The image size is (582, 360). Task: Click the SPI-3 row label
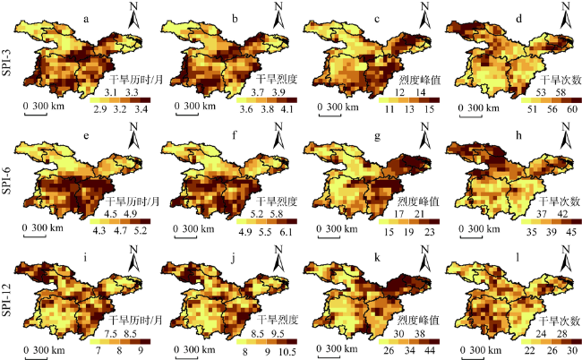(8, 63)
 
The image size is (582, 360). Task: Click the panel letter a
(85, 17)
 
